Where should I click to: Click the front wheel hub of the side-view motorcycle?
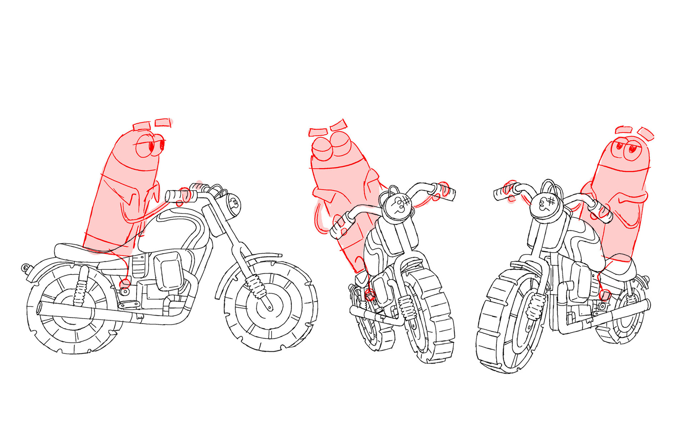tap(269, 306)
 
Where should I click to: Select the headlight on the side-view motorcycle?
tap(233, 206)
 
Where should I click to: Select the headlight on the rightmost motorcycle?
tap(545, 205)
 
